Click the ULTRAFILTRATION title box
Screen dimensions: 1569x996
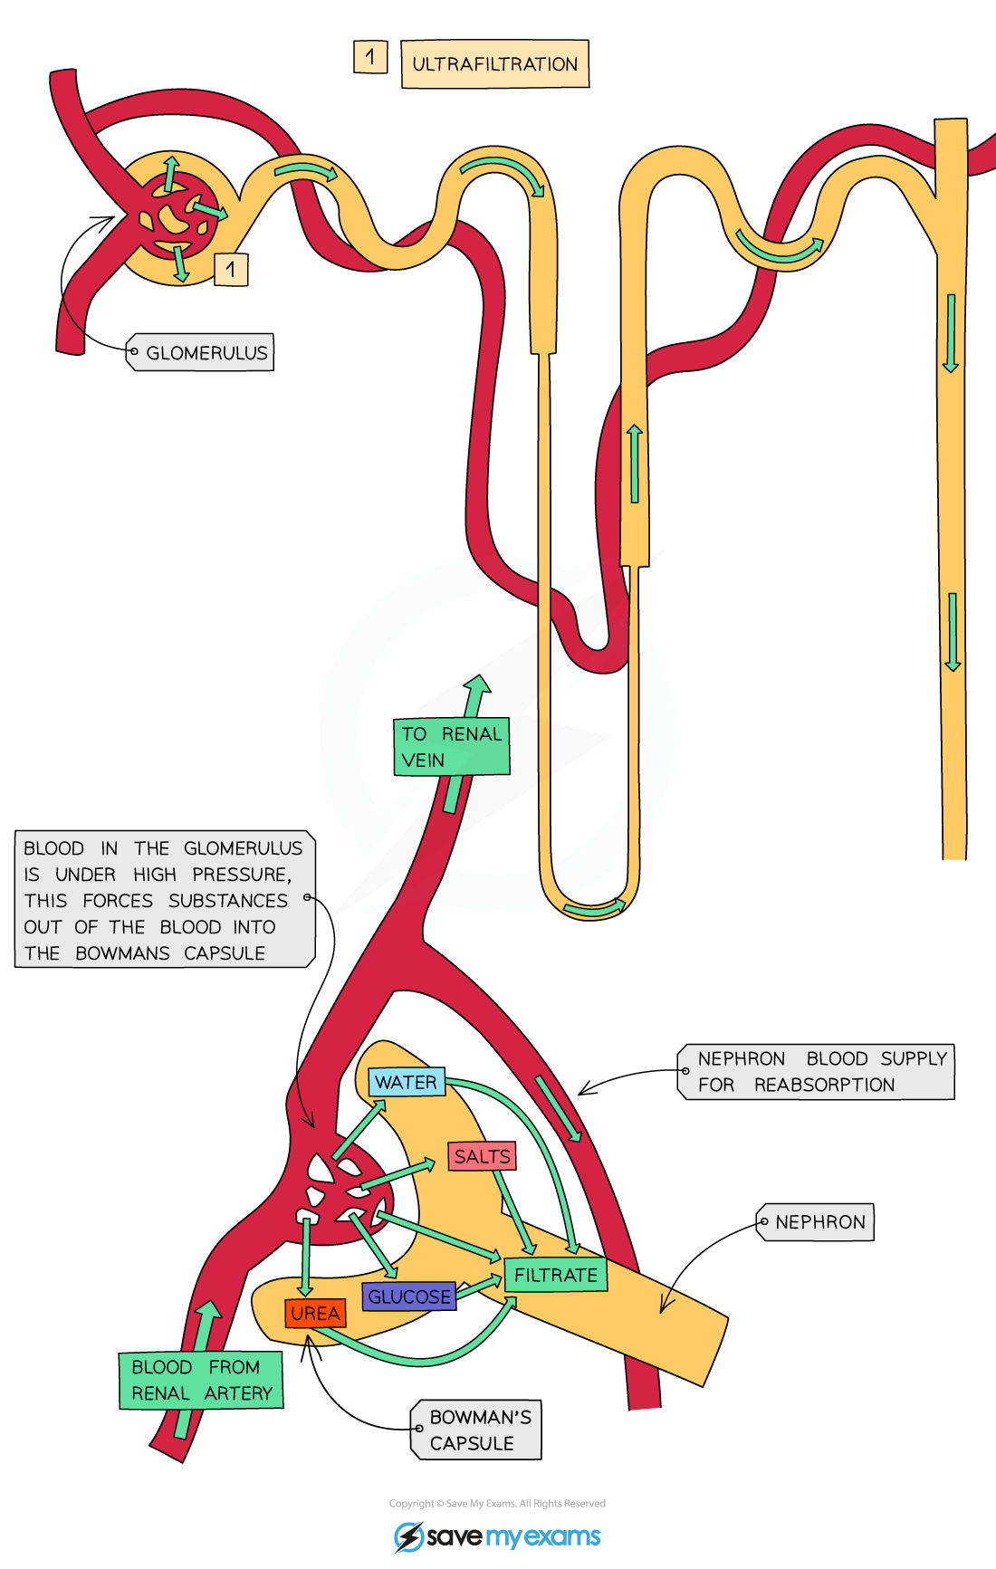pos(494,64)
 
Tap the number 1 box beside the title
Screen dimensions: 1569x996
pos(370,57)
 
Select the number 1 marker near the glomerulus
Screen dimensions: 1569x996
pos(231,269)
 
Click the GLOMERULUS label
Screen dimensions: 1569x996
pos(201,353)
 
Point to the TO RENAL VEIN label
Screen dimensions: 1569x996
pos(451,747)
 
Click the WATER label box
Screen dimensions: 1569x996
pos(407,1082)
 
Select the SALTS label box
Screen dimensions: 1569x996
pos(482,1156)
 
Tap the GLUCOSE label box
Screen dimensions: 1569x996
pos(408,1296)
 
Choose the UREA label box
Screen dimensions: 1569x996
pos(315,1313)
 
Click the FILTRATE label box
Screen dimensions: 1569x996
pos(555,1275)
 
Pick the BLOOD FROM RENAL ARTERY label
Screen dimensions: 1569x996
pos(201,1380)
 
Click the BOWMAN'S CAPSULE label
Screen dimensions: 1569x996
pos(477,1430)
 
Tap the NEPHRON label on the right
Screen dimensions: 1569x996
pos(818,1222)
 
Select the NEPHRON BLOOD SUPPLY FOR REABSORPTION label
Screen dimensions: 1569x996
pos(818,1072)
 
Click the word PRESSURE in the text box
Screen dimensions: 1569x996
pos(242,875)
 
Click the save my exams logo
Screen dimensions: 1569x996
pos(497,1536)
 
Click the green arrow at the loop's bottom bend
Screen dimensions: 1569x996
pos(593,908)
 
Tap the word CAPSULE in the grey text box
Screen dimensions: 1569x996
pos(225,953)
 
